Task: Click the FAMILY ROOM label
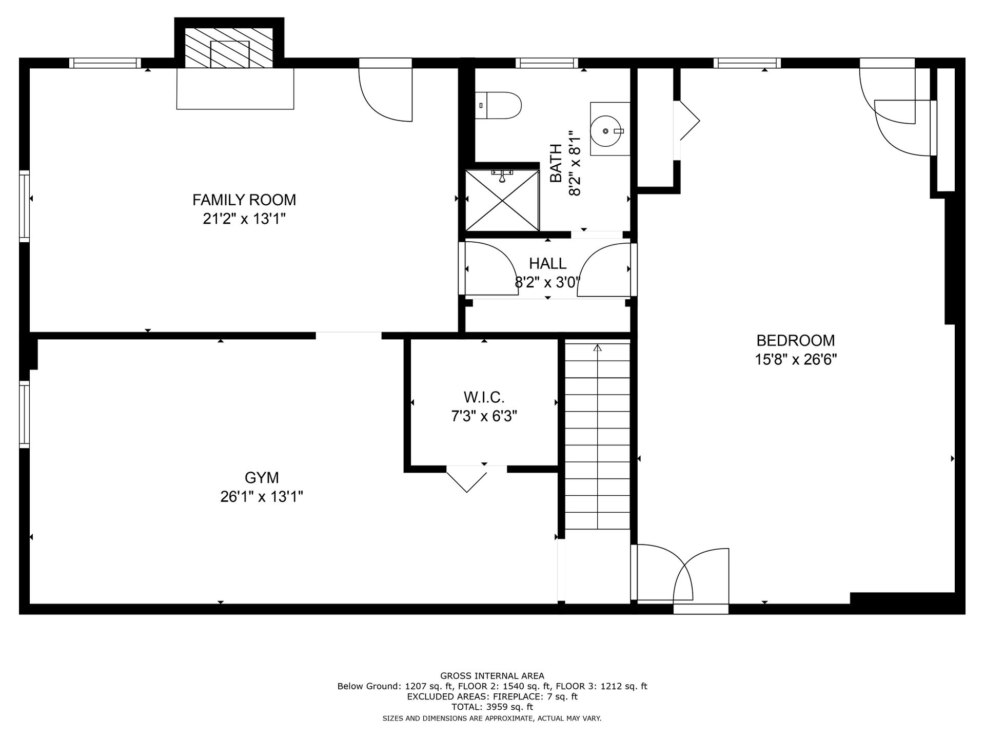(x=244, y=200)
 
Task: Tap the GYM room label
(x=262, y=478)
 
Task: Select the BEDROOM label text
(x=796, y=340)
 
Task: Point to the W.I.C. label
(x=484, y=397)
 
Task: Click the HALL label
(x=548, y=263)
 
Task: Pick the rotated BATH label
(x=556, y=163)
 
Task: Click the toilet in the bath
(x=498, y=106)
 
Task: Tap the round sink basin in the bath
(x=606, y=131)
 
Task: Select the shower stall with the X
(x=502, y=201)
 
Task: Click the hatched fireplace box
(x=229, y=48)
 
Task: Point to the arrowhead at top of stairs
(x=597, y=348)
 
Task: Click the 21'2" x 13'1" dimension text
(x=244, y=219)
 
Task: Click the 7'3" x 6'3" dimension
(x=484, y=416)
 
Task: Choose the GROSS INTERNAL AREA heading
(x=493, y=676)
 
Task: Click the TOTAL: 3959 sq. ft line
(x=493, y=707)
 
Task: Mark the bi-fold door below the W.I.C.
(x=466, y=479)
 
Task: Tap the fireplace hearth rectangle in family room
(x=235, y=88)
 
